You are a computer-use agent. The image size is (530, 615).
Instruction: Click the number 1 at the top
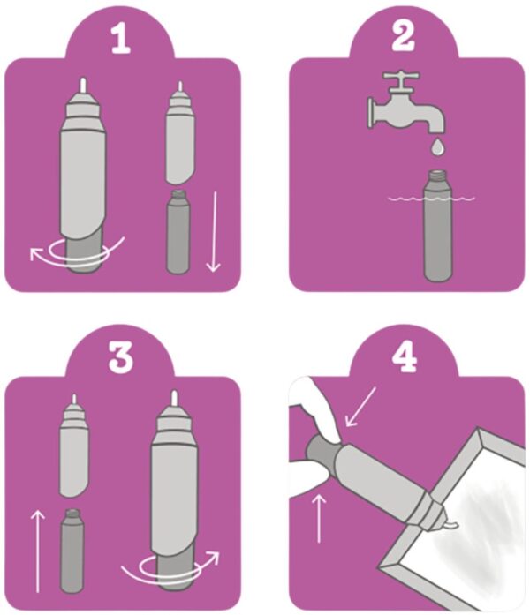coord(120,39)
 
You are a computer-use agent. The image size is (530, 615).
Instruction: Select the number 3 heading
coord(120,357)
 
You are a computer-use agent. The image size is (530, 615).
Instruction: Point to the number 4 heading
coord(405,357)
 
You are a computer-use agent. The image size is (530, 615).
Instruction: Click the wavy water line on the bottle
coord(431,199)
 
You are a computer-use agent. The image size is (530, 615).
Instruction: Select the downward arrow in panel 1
coord(214,231)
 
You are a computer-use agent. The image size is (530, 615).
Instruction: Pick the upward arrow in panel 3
coord(38,551)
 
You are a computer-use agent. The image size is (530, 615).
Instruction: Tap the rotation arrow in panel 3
coord(170,570)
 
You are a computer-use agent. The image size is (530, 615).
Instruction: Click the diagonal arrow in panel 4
coord(360,407)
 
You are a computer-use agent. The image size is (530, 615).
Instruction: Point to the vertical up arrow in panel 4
coord(319,518)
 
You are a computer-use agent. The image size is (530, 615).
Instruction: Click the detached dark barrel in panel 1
coord(178,231)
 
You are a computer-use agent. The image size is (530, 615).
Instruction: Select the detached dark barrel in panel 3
coord(72,551)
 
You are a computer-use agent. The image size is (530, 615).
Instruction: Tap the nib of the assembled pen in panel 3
coord(173,398)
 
